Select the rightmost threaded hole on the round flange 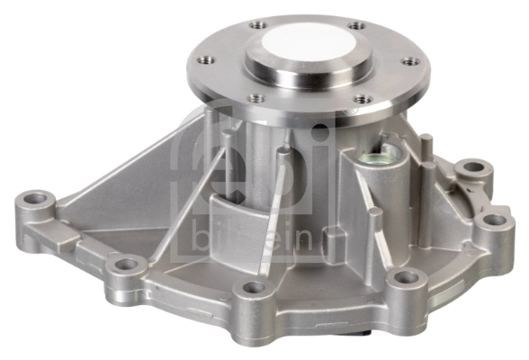(x=413, y=62)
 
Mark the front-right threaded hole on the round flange (x=362, y=99)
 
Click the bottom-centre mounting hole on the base (x=255, y=288)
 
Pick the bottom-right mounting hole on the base (x=406, y=277)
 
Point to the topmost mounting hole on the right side (x=471, y=168)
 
